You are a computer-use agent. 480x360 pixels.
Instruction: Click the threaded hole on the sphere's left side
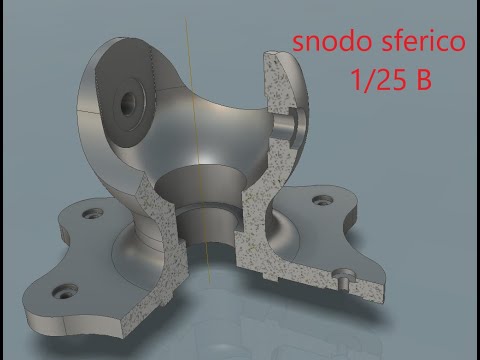[129, 102]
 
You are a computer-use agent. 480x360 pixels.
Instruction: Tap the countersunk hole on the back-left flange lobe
[93, 214]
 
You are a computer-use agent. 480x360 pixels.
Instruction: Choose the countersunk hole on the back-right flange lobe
[322, 202]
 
